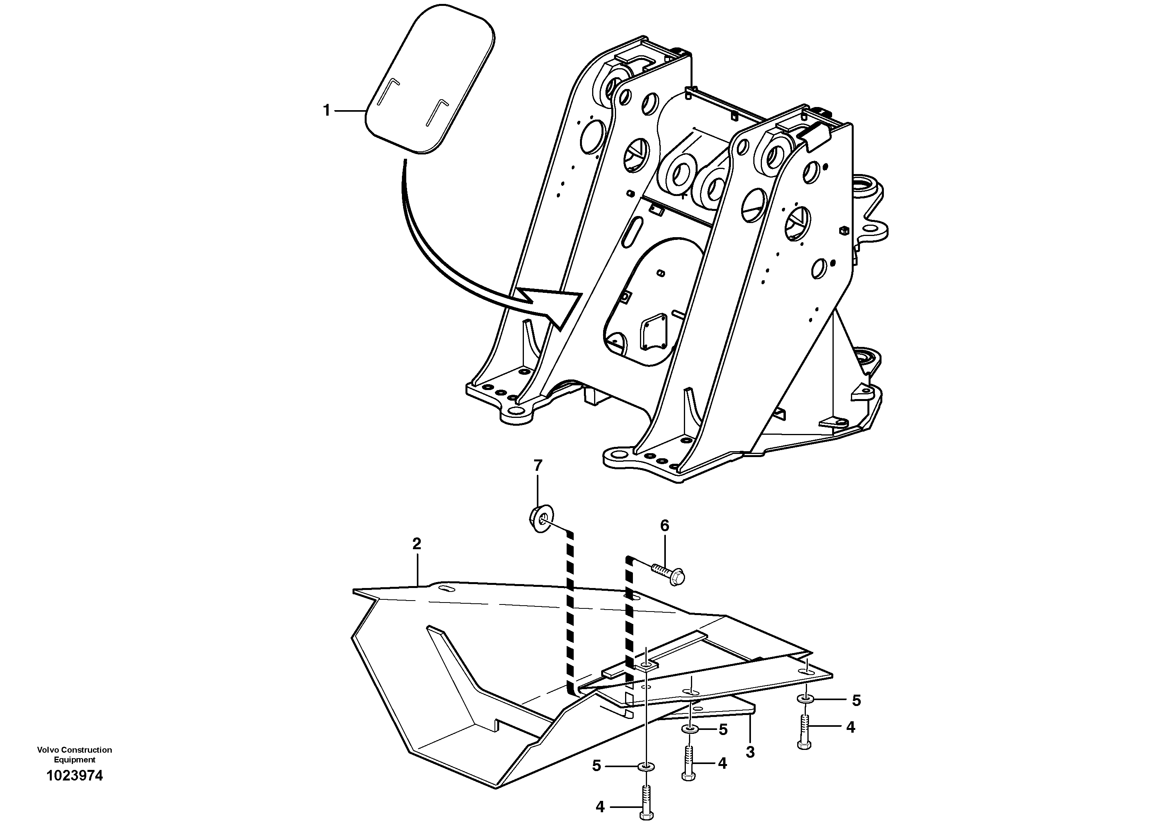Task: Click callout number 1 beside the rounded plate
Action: pyautogui.click(x=327, y=110)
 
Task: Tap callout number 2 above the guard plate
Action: pyautogui.click(x=417, y=544)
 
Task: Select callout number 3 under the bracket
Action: pyautogui.click(x=750, y=752)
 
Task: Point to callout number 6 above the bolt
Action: pyautogui.click(x=665, y=526)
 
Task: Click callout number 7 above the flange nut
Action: pyautogui.click(x=538, y=465)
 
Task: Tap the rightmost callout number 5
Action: pyautogui.click(x=856, y=701)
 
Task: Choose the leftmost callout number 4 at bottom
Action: pyautogui.click(x=600, y=806)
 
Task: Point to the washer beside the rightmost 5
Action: pyautogui.click(x=805, y=701)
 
